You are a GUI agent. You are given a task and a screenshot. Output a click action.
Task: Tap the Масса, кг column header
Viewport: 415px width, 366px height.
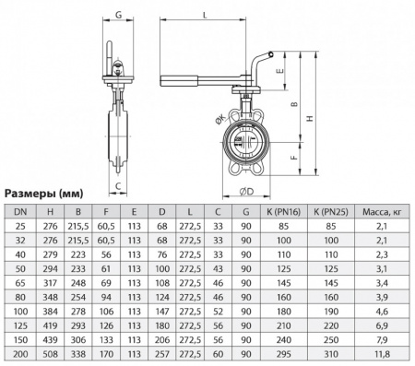[387, 212]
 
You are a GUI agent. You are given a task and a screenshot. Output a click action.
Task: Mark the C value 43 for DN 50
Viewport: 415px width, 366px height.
[218, 268]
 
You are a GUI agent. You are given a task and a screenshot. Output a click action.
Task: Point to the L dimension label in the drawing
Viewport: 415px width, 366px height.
[203, 14]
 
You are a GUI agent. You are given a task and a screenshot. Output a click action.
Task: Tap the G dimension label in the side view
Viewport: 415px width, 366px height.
[119, 15]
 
